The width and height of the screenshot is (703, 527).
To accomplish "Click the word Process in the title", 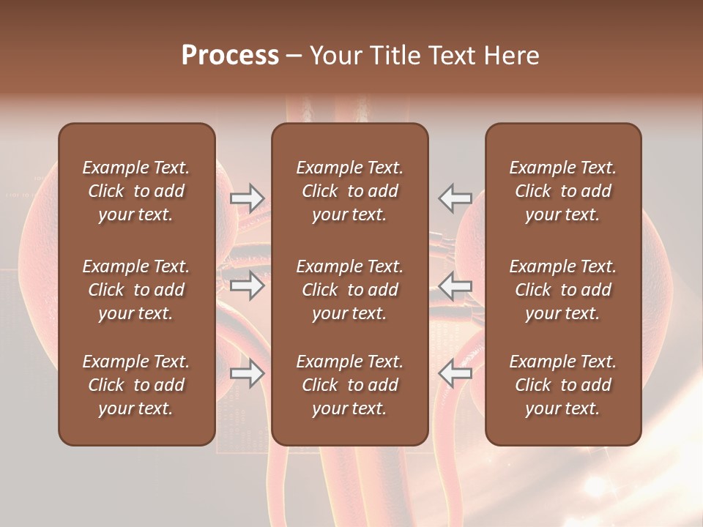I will pyautogui.click(x=230, y=56).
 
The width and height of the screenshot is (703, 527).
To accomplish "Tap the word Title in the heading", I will pyautogui.click(x=393, y=56).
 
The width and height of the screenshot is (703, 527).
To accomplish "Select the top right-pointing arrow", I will pyautogui.click(x=247, y=198).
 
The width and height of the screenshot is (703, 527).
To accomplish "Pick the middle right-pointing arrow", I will pyautogui.click(x=247, y=285).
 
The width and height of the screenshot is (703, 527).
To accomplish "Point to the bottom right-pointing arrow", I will pyautogui.click(x=247, y=373).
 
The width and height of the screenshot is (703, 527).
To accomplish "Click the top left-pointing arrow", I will pyautogui.click(x=455, y=198).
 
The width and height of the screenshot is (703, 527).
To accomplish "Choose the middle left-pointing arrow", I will pyautogui.click(x=455, y=285).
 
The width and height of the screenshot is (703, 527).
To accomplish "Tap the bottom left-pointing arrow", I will pyautogui.click(x=455, y=373).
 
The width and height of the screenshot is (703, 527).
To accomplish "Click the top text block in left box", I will pyautogui.click(x=136, y=191).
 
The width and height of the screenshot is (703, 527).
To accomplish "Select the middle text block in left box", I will pyautogui.click(x=136, y=290).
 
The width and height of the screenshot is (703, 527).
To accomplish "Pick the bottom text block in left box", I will pyautogui.click(x=136, y=385).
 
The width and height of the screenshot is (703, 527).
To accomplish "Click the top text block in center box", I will pyautogui.click(x=349, y=191).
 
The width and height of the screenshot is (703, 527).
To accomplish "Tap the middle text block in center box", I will pyautogui.click(x=349, y=290).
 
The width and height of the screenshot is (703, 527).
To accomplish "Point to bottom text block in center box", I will pyautogui.click(x=349, y=385).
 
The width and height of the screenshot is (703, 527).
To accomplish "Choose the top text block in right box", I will pyautogui.click(x=562, y=191).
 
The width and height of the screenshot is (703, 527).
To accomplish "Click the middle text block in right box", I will pyautogui.click(x=562, y=290).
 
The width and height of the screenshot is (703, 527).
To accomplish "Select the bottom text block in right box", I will pyautogui.click(x=562, y=385).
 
